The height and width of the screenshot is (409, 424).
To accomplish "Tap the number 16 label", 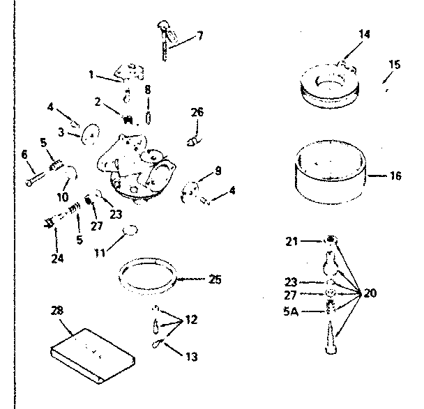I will click(395, 176).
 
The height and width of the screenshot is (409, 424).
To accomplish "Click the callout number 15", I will click(394, 65).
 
